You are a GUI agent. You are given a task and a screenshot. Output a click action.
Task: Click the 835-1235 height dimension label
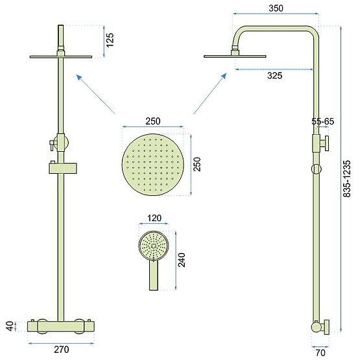click(350, 170)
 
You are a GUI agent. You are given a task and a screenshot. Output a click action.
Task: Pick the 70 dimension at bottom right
click(321, 353)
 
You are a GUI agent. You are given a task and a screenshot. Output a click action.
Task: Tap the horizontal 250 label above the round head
click(153, 121)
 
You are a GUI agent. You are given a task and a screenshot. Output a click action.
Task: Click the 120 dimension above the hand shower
click(154, 219)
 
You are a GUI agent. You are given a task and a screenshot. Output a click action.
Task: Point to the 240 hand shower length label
click(182, 259)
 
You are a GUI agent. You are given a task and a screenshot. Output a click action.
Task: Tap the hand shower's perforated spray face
click(154, 246)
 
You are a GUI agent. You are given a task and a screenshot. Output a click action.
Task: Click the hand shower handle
click(152, 276)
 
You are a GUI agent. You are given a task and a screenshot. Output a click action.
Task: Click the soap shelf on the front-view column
click(62, 169)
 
